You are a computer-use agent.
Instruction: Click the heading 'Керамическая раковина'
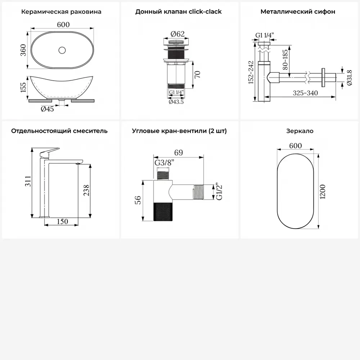pyautogui.click(x=61, y=12)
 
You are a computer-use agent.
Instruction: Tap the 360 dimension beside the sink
pyautogui.click(x=23, y=50)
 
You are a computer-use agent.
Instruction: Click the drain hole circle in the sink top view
pyautogui.click(x=62, y=50)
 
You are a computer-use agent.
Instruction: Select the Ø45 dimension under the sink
pyautogui.click(x=47, y=109)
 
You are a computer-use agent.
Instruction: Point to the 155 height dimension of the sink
pyautogui.click(x=23, y=87)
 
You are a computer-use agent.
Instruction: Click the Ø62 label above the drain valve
pyautogui.click(x=177, y=34)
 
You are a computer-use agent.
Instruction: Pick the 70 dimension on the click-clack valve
pyautogui.click(x=197, y=75)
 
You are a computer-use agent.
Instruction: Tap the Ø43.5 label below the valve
pyautogui.click(x=176, y=102)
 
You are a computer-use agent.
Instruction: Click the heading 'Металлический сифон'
pyautogui.click(x=298, y=12)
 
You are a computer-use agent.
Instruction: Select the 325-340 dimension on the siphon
pyautogui.click(x=305, y=93)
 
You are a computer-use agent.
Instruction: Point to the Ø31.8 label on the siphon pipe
pyautogui.click(x=349, y=78)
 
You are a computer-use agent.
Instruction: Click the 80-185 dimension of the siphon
pyautogui.click(x=285, y=60)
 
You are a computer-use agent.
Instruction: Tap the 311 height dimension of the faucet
pyautogui.click(x=28, y=181)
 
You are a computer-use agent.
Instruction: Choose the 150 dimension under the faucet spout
pyautogui.click(x=62, y=221)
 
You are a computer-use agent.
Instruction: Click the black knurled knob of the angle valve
pyautogui.click(x=163, y=212)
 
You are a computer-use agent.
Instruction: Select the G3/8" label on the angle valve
pyautogui.click(x=164, y=163)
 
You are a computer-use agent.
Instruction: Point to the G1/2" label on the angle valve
pyautogui.click(x=219, y=192)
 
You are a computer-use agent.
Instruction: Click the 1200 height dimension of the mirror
pyautogui.click(x=323, y=192)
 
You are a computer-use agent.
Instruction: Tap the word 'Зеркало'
pyautogui.click(x=300, y=131)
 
